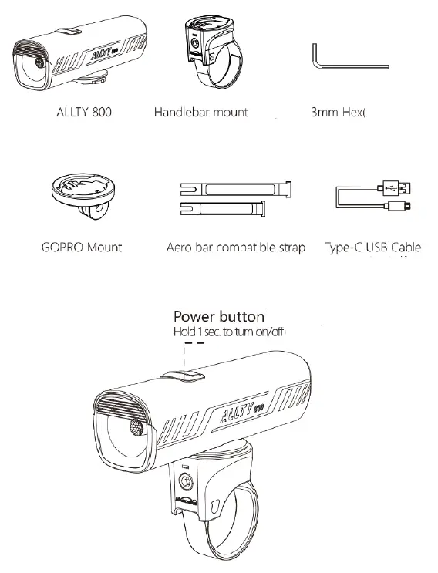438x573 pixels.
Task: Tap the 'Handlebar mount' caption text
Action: tap(201, 113)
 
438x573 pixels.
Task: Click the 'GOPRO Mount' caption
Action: tap(79, 248)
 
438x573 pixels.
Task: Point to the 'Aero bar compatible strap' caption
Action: tap(235, 248)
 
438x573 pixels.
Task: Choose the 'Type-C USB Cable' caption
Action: tap(373, 248)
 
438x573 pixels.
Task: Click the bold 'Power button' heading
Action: tap(218, 316)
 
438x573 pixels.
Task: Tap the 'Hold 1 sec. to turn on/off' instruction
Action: tap(230, 332)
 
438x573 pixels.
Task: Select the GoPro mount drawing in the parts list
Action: tap(81, 196)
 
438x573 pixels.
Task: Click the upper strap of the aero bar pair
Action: tap(234, 188)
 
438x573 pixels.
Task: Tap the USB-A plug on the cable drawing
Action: tap(399, 187)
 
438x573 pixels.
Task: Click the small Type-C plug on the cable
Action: tap(402, 207)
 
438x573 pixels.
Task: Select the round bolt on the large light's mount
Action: tap(187, 484)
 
